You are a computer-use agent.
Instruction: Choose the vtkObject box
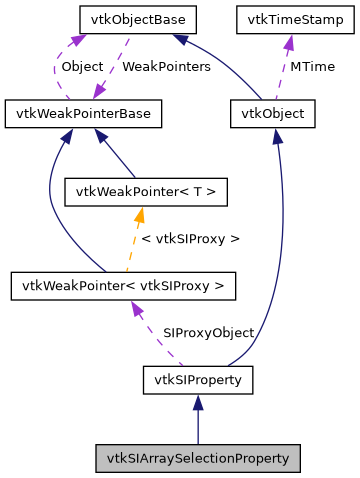[272, 114]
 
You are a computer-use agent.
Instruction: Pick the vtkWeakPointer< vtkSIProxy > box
[123, 286]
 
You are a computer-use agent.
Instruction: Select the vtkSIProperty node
[198, 380]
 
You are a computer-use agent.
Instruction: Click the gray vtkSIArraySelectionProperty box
[198, 458]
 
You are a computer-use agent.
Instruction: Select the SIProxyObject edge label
[208, 332]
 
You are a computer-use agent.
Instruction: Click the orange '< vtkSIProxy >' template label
[190, 239]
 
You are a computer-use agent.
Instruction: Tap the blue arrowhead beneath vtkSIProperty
[198, 402]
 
